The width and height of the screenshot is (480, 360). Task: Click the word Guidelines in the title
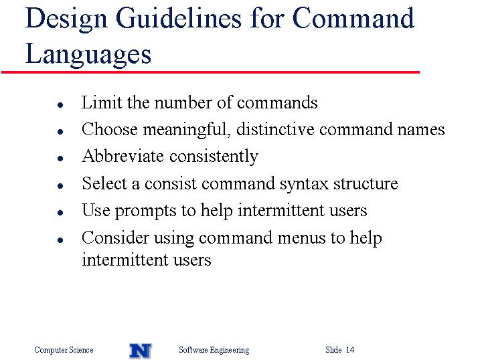point(179,19)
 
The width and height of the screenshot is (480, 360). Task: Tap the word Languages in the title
point(88,54)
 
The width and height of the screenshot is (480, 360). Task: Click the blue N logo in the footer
point(141,351)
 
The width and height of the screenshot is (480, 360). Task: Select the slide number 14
point(350,349)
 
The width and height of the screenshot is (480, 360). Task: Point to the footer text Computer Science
point(64,350)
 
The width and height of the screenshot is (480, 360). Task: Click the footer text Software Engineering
point(214,350)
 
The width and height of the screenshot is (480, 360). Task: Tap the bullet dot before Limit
point(60,105)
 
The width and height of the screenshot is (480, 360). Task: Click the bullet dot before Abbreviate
point(60,159)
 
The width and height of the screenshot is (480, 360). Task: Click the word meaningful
point(187,130)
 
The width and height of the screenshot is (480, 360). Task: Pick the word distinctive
point(275,129)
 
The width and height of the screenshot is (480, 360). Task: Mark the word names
point(421,130)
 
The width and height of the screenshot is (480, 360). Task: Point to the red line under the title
point(210,72)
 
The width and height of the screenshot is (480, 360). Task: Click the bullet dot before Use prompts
point(60,213)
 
